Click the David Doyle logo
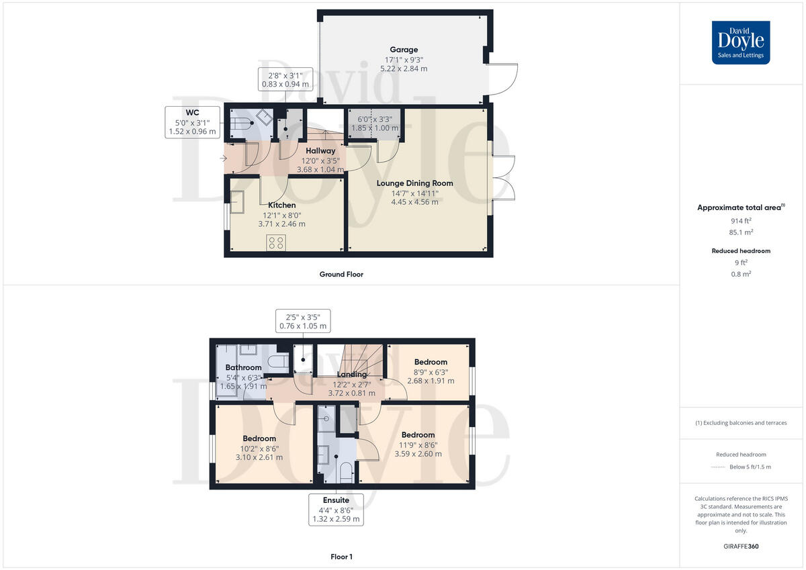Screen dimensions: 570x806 click(x=741, y=42)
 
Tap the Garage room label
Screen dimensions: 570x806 click(x=404, y=50)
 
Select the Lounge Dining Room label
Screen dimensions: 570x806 click(x=414, y=183)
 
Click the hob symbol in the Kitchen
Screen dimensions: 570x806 click(x=275, y=242)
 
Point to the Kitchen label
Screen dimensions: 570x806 click(x=281, y=205)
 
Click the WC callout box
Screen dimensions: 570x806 click(x=193, y=122)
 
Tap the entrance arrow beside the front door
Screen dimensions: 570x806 click(x=223, y=158)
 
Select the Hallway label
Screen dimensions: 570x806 click(x=320, y=151)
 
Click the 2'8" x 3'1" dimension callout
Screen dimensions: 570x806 click(x=285, y=79)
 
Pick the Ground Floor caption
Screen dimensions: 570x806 click(x=341, y=274)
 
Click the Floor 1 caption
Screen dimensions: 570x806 click(x=341, y=557)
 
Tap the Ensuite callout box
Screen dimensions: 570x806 click(x=336, y=510)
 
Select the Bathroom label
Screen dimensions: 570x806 click(x=243, y=367)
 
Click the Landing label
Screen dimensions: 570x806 click(x=352, y=375)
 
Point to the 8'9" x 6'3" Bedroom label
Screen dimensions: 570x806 click(x=431, y=363)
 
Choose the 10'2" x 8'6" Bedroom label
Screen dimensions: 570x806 click(x=259, y=438)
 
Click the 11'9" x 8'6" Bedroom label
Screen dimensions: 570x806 click(x=418, y=435)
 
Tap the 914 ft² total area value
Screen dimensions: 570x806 click(x=742, y=221)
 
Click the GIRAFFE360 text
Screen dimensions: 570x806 click(x=742, y=547)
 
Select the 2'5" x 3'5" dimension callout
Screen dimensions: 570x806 click(x=303, y=321)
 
